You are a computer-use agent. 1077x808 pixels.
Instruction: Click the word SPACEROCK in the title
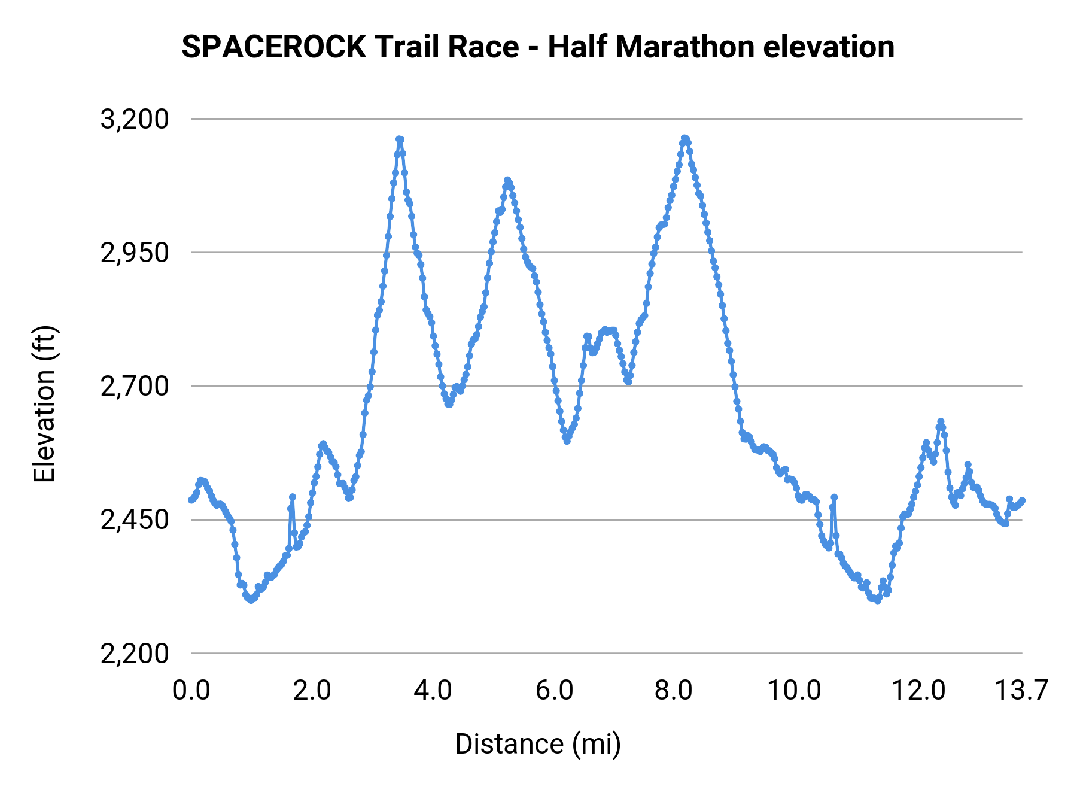pos(273,47)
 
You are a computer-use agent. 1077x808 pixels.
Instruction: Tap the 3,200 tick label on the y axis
pos(135,119)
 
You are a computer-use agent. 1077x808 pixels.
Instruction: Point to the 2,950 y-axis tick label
pos(135,253)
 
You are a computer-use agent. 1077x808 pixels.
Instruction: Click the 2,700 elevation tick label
pos(135,387)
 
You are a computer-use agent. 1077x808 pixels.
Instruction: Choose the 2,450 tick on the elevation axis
pos(135,520)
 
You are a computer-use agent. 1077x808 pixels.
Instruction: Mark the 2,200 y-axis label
pos(135,654)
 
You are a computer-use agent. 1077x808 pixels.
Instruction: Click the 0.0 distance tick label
pos(191,691)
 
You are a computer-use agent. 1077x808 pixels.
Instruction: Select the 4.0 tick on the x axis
pos(433,691)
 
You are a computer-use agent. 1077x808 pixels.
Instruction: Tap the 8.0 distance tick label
pos(674,691)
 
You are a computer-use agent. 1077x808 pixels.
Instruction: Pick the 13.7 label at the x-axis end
pos(1021,691)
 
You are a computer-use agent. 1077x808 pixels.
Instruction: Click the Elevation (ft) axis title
pos(44,404)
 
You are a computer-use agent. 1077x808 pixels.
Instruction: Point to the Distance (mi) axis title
pos(538,744)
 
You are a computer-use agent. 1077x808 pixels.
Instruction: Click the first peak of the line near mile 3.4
pos(400,139)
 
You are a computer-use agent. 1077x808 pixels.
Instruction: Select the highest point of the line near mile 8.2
pos(685,138)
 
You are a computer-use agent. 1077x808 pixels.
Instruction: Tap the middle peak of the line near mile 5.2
pos(507,180)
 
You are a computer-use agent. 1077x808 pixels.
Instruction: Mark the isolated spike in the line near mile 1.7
pos(293,497)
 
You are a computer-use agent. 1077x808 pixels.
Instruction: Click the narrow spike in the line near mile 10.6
pos(834,497)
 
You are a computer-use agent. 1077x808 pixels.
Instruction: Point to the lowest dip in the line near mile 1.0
pos(251,600)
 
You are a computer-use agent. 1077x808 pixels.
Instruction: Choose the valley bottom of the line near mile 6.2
pos(567,441)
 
